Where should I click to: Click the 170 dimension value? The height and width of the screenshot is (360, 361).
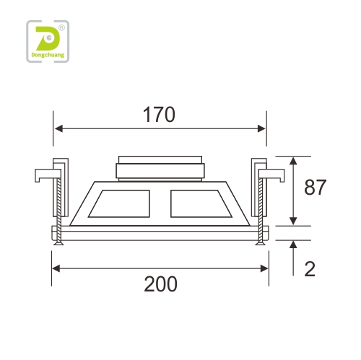[159, 115]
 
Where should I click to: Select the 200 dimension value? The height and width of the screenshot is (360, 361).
[160, 284]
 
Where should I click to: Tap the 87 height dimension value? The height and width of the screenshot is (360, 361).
[315, 187]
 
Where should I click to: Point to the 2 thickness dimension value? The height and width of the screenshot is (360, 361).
[310, 268]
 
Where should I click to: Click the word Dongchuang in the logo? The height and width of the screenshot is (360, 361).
[48, 55]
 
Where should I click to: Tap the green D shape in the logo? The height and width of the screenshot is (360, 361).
[48, 38]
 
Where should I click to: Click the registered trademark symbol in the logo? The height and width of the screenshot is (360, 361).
[61, 28]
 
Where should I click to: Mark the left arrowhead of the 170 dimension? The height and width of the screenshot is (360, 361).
[58, 128]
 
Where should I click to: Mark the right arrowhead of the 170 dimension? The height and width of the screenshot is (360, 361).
[261, 128]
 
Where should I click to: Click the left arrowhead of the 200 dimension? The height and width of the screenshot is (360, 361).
[56, 268]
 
